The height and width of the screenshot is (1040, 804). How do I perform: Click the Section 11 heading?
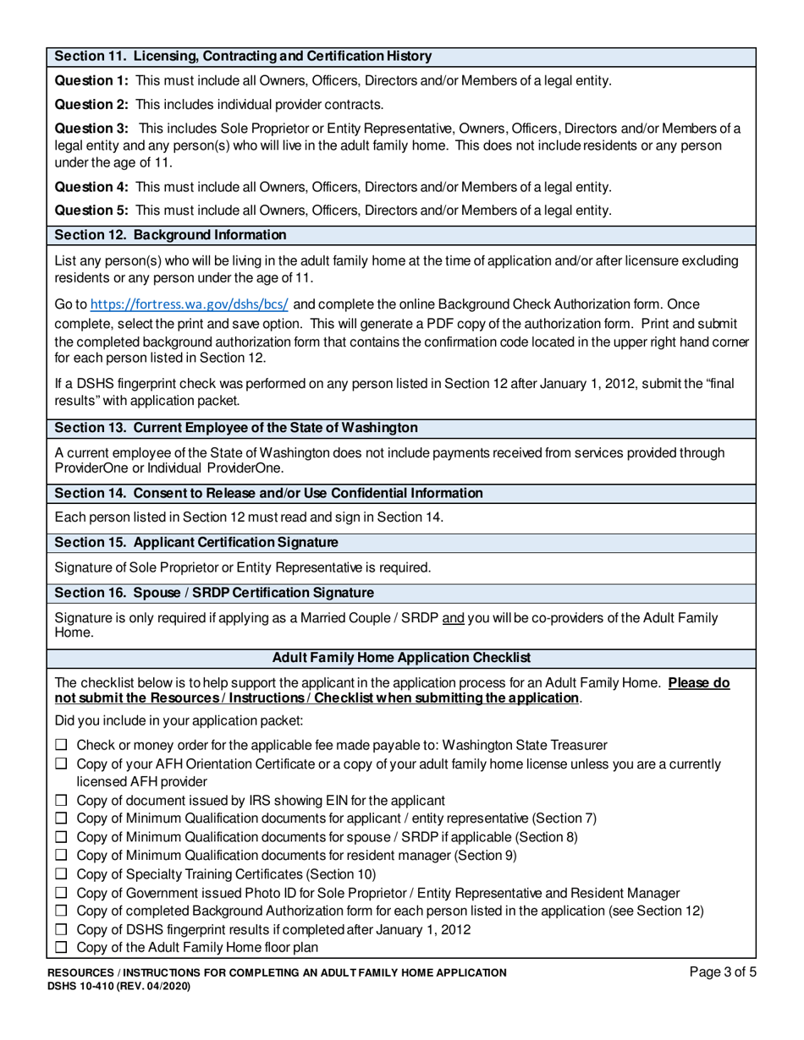tap(243, 57)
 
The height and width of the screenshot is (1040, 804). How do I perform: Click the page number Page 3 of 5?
tap(723, 973)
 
